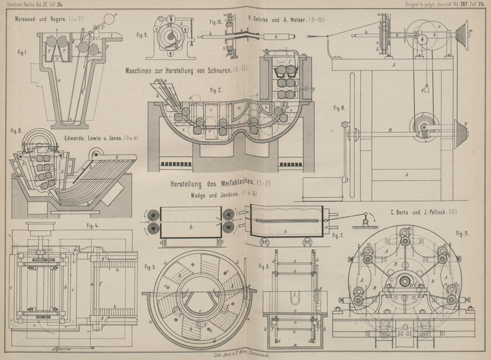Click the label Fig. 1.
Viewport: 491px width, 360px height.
pos(21,52)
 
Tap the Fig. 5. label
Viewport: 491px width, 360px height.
pos(150,267)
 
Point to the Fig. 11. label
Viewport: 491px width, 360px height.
pos(462,233)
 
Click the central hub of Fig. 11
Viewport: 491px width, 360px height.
pos(406,281)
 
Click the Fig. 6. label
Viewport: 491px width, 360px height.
pos(264,266)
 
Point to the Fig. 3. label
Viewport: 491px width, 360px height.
pos(17,130)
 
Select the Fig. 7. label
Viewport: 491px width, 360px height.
pos(338,235)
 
